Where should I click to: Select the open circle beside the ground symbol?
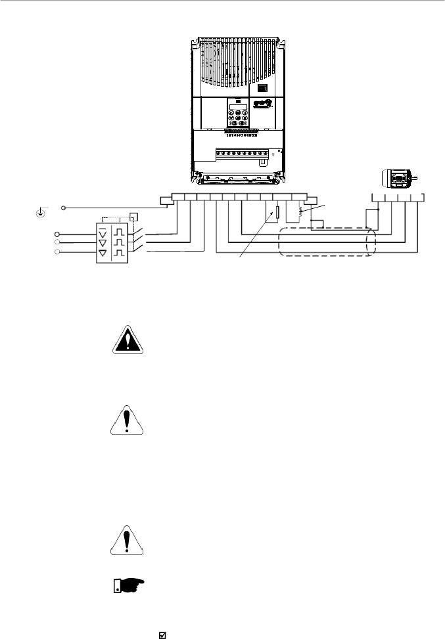64,208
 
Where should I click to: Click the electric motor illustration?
398,179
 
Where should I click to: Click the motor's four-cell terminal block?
398,198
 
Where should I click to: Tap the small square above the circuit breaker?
134,216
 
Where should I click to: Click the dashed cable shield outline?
327,242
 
